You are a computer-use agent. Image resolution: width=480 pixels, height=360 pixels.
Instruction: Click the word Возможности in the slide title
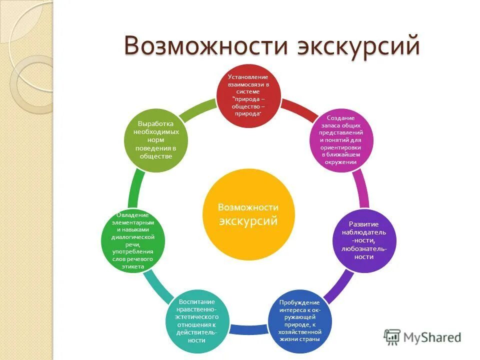click(204, 46)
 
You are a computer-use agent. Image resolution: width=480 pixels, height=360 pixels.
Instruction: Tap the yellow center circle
click(248, 214)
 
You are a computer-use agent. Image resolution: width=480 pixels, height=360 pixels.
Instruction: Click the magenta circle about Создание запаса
click(342, 140)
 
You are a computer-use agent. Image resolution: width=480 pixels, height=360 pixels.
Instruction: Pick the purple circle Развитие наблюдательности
click(364, 240)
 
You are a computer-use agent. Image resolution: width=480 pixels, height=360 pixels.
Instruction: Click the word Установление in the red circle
click(248, 77)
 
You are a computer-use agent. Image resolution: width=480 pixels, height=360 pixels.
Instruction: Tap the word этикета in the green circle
click(133, 267)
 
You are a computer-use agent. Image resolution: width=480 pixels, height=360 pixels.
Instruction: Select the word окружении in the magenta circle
click(342, 162)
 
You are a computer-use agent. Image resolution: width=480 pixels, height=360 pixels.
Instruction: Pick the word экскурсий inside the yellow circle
click(248, 220)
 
